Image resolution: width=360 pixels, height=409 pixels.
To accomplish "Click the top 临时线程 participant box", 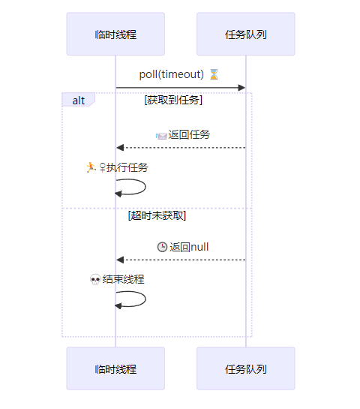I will (x=115, y=34).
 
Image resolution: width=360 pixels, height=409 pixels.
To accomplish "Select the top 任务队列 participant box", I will (x=245, y=34).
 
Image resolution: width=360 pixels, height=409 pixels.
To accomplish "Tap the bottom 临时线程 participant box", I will (x=115, y=368).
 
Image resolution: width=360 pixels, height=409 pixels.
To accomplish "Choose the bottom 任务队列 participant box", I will (x=245, y=368).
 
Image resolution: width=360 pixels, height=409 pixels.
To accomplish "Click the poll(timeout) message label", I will (x=172, y=74).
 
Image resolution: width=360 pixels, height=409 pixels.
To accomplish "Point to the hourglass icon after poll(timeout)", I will (x=214, y=74).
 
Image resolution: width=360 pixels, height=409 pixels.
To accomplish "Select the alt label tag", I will (x=79, y=100).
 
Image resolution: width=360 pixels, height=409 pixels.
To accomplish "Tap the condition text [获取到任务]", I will (x=173, y=100).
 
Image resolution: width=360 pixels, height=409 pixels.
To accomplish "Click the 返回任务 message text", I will (x=189, y=135).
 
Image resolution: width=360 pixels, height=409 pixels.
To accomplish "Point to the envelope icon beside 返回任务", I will (x=161, y=136).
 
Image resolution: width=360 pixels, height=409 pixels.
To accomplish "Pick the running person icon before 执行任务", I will (x=91, y=167).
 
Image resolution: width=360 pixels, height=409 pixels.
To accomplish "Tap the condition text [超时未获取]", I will (x=157, y=216).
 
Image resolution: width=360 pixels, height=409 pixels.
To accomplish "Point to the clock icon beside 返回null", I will (x=162, y=247).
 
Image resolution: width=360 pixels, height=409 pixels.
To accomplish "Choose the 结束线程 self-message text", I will (x=123, y=279).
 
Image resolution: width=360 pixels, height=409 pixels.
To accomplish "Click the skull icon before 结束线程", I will (x=95, y=280).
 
